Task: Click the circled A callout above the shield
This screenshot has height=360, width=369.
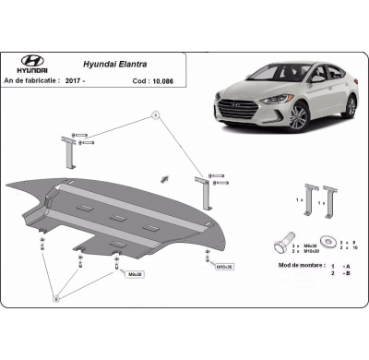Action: [156, 115]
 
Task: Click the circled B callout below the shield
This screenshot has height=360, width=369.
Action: [56, 298]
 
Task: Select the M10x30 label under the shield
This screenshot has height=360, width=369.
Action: [223, 267]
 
